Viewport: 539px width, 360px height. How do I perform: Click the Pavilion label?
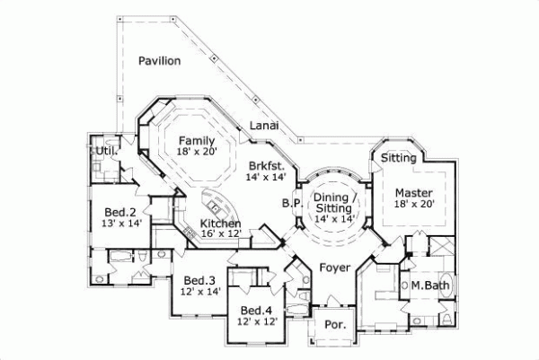[x=160, y=61]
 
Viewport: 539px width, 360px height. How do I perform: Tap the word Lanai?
[x=264, y=127]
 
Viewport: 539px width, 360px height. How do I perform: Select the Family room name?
[x=195, y=141]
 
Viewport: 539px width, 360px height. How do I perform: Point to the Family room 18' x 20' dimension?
[x=195, y=153]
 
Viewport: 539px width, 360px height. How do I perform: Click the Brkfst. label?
[x=267, y=166]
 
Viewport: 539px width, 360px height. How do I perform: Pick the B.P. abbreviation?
[x=290, y=203]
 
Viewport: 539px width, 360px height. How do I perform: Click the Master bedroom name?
[x=414, y=192]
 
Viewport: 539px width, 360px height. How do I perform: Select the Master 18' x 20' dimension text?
[x=414, y=205]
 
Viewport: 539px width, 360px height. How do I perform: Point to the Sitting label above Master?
[x=398, y=158]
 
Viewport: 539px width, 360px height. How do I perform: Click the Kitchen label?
[x=219, y=223]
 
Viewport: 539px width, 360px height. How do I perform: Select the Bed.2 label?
[x=119, y=212]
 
